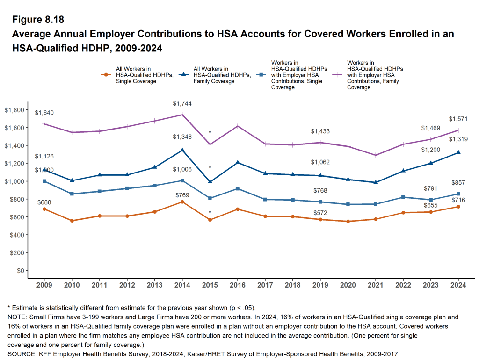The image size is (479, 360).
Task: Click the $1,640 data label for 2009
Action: [44, 113]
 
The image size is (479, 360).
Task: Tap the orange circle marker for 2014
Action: [182, 202]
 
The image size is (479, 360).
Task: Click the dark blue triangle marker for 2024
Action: [458, 152]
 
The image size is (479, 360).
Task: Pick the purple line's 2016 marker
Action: [238, 126]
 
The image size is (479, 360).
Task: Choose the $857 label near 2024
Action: [458, 183]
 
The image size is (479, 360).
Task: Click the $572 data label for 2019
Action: [320, 213]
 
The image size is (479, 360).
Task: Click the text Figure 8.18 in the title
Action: [38, 20]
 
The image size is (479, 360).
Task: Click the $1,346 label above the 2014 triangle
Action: [182, 137]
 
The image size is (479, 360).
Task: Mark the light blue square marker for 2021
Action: [375, 204]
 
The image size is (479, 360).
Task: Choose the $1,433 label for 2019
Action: [320, 131]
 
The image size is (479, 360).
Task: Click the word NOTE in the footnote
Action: [17, 317]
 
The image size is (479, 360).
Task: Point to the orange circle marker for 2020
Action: [348, 221]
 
